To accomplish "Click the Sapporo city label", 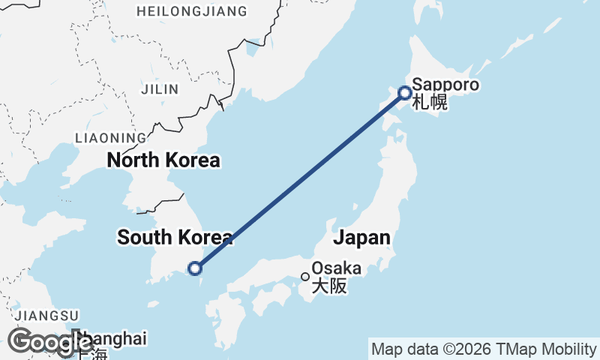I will tap(445, 85).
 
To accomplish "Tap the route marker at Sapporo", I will tap(405, 93).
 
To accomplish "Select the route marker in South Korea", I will tap(195, 268).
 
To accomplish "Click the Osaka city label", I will tap(336, 268).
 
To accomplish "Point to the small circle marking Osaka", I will tap(305, 276).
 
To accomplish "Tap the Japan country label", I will tap(361, 238).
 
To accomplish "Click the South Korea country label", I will tap(175, 238).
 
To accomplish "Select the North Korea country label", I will tap(163, 160).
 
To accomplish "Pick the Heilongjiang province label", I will tap(191, 11).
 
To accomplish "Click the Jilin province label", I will tap(160, 89).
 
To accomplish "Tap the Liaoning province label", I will tap(111, 138).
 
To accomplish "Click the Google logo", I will tap(50, 342).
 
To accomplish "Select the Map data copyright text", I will tap(483, 349).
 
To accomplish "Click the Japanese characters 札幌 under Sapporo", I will tap(430, 102).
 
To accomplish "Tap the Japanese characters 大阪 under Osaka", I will tap(329, 286).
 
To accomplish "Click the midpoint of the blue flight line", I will tap(300, 181).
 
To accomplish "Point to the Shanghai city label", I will tap(112, 338).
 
